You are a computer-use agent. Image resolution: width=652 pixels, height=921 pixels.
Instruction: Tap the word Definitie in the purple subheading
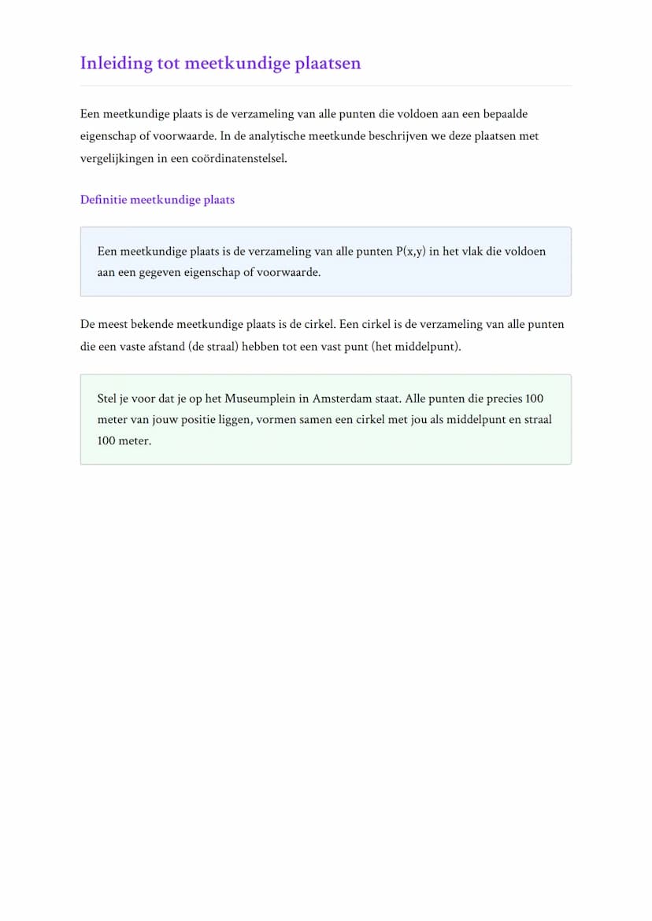tap(103, 200)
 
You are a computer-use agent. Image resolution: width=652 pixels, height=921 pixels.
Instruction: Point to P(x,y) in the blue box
tap(410, 252)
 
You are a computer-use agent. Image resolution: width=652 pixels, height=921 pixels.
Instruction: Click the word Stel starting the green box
tap(107, 399)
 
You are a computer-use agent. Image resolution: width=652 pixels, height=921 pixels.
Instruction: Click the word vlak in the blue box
tap(471, 252)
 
